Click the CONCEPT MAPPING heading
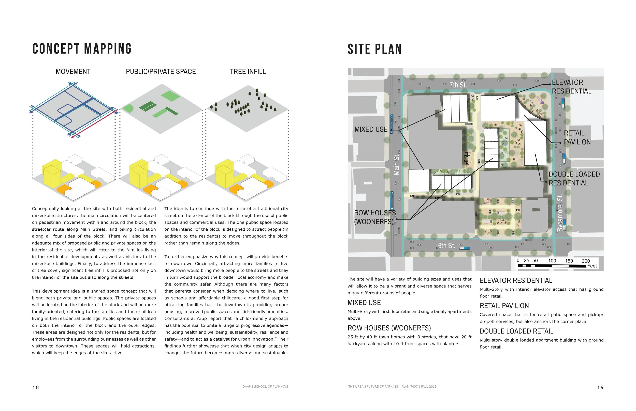pos(82,49)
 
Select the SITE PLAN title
pos(374,49)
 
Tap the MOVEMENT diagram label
pos(73,72)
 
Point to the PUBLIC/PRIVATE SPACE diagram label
pos(161,72)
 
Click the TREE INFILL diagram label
pos(248,72)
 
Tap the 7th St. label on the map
pos(458,85)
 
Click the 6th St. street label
pos(446,246)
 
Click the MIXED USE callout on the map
pos(371,130)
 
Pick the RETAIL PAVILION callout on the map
pos(577,137)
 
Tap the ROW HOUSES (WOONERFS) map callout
pos(375,217)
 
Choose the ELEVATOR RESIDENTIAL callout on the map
pos(571,87)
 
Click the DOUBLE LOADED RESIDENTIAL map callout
pos(574,179)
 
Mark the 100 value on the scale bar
pos(552,261)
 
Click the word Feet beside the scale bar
pos(592,266)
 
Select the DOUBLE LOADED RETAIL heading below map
pos(516,331)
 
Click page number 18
pos(36,387)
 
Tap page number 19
pos(600,387)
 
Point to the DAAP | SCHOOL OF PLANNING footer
pos(265,386)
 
